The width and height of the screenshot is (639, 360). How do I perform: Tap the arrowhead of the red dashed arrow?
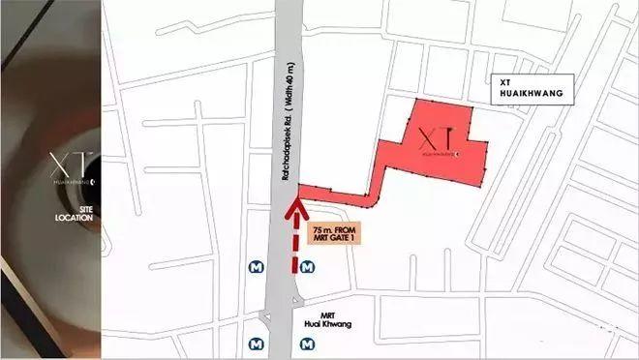[x=292, y=205]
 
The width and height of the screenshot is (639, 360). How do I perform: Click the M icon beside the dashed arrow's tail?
[x=307, y=266]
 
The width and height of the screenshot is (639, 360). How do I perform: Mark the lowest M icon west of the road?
[x=256, y=342]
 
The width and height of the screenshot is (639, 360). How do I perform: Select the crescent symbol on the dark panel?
[x=93, y=180]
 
